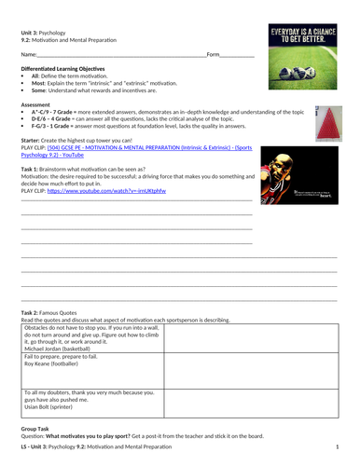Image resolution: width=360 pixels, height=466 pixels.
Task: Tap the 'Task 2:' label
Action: point(34,310)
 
